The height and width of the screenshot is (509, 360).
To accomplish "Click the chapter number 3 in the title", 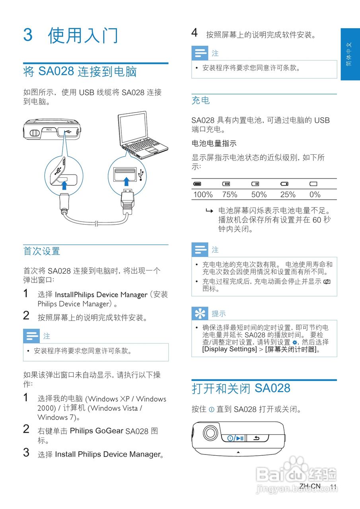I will [x=28, y=35].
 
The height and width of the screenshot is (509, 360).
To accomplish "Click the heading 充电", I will [x=200, y=101].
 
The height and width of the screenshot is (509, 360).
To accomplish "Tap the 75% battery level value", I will [x=230, y=194].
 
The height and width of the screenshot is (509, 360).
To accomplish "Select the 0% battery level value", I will [x=315, y=194].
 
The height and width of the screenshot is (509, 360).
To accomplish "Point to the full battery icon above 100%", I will [x=197, y=184].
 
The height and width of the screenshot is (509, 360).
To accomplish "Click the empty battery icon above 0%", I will [x=313, y=184].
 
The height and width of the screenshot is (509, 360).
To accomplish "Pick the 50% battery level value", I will [x=259, y=194].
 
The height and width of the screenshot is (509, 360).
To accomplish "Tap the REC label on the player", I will [x=49, y=130].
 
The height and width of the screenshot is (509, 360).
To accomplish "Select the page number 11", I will [x=333, y=487].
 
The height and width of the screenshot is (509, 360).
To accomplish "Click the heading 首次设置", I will [x=41, y=251].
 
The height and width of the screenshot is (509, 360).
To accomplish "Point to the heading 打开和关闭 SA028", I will [x=241, y=388].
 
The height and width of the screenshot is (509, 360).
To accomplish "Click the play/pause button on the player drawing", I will [x=236, y=438].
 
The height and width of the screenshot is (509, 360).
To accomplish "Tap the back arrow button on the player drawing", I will [x=257, y=438].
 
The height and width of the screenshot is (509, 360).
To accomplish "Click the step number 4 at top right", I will [x=194, y=33].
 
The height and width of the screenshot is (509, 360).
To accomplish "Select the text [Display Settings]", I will [x=230, y=349].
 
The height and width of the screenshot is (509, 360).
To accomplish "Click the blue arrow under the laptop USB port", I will [x=126, y=182].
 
